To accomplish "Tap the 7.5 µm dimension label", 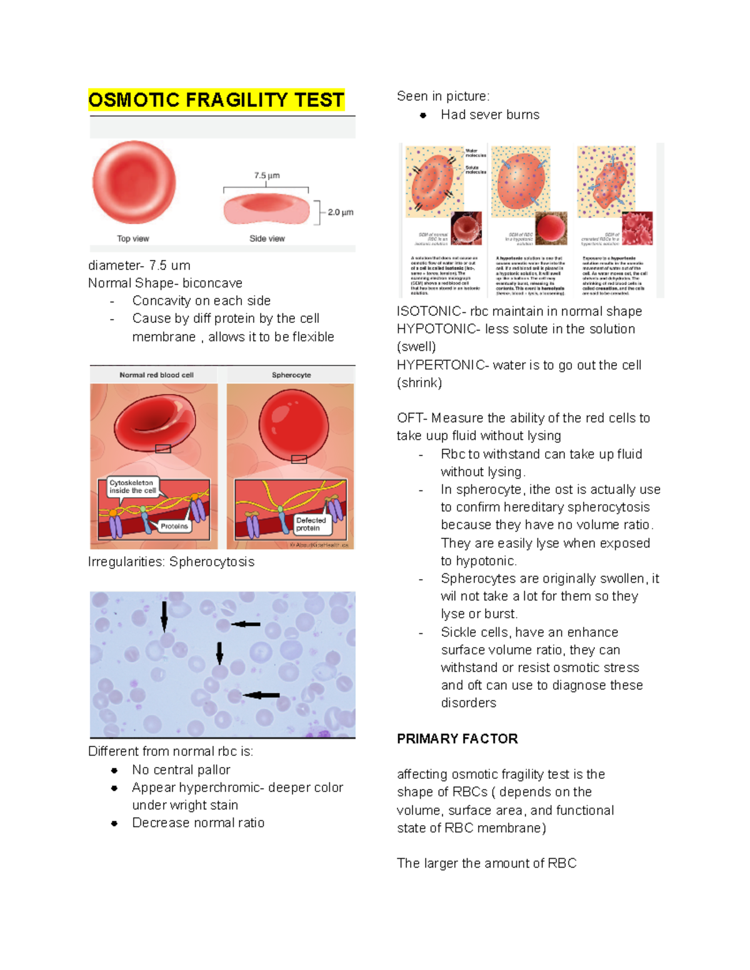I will point(267,176).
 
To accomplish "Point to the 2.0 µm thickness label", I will point(341,212).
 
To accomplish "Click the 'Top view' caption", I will point(133,239).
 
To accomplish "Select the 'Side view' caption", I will point(267,239).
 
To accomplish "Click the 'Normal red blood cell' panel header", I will point(156,375).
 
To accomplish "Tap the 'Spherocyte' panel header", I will point(291,375).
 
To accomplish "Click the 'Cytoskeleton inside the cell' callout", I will point(132,487).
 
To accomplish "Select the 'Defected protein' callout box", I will point(311,524).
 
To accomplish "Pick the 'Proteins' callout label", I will point(174,527).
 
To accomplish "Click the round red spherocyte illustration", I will point(293,423).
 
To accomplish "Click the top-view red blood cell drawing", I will point(134,182).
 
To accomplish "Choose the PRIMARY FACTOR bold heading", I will point(457,739).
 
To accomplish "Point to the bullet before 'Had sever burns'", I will point(423,115).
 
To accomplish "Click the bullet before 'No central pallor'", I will point(114,770).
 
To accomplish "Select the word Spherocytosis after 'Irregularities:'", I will point(212,562).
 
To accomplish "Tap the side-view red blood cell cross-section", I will point(267,209).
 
